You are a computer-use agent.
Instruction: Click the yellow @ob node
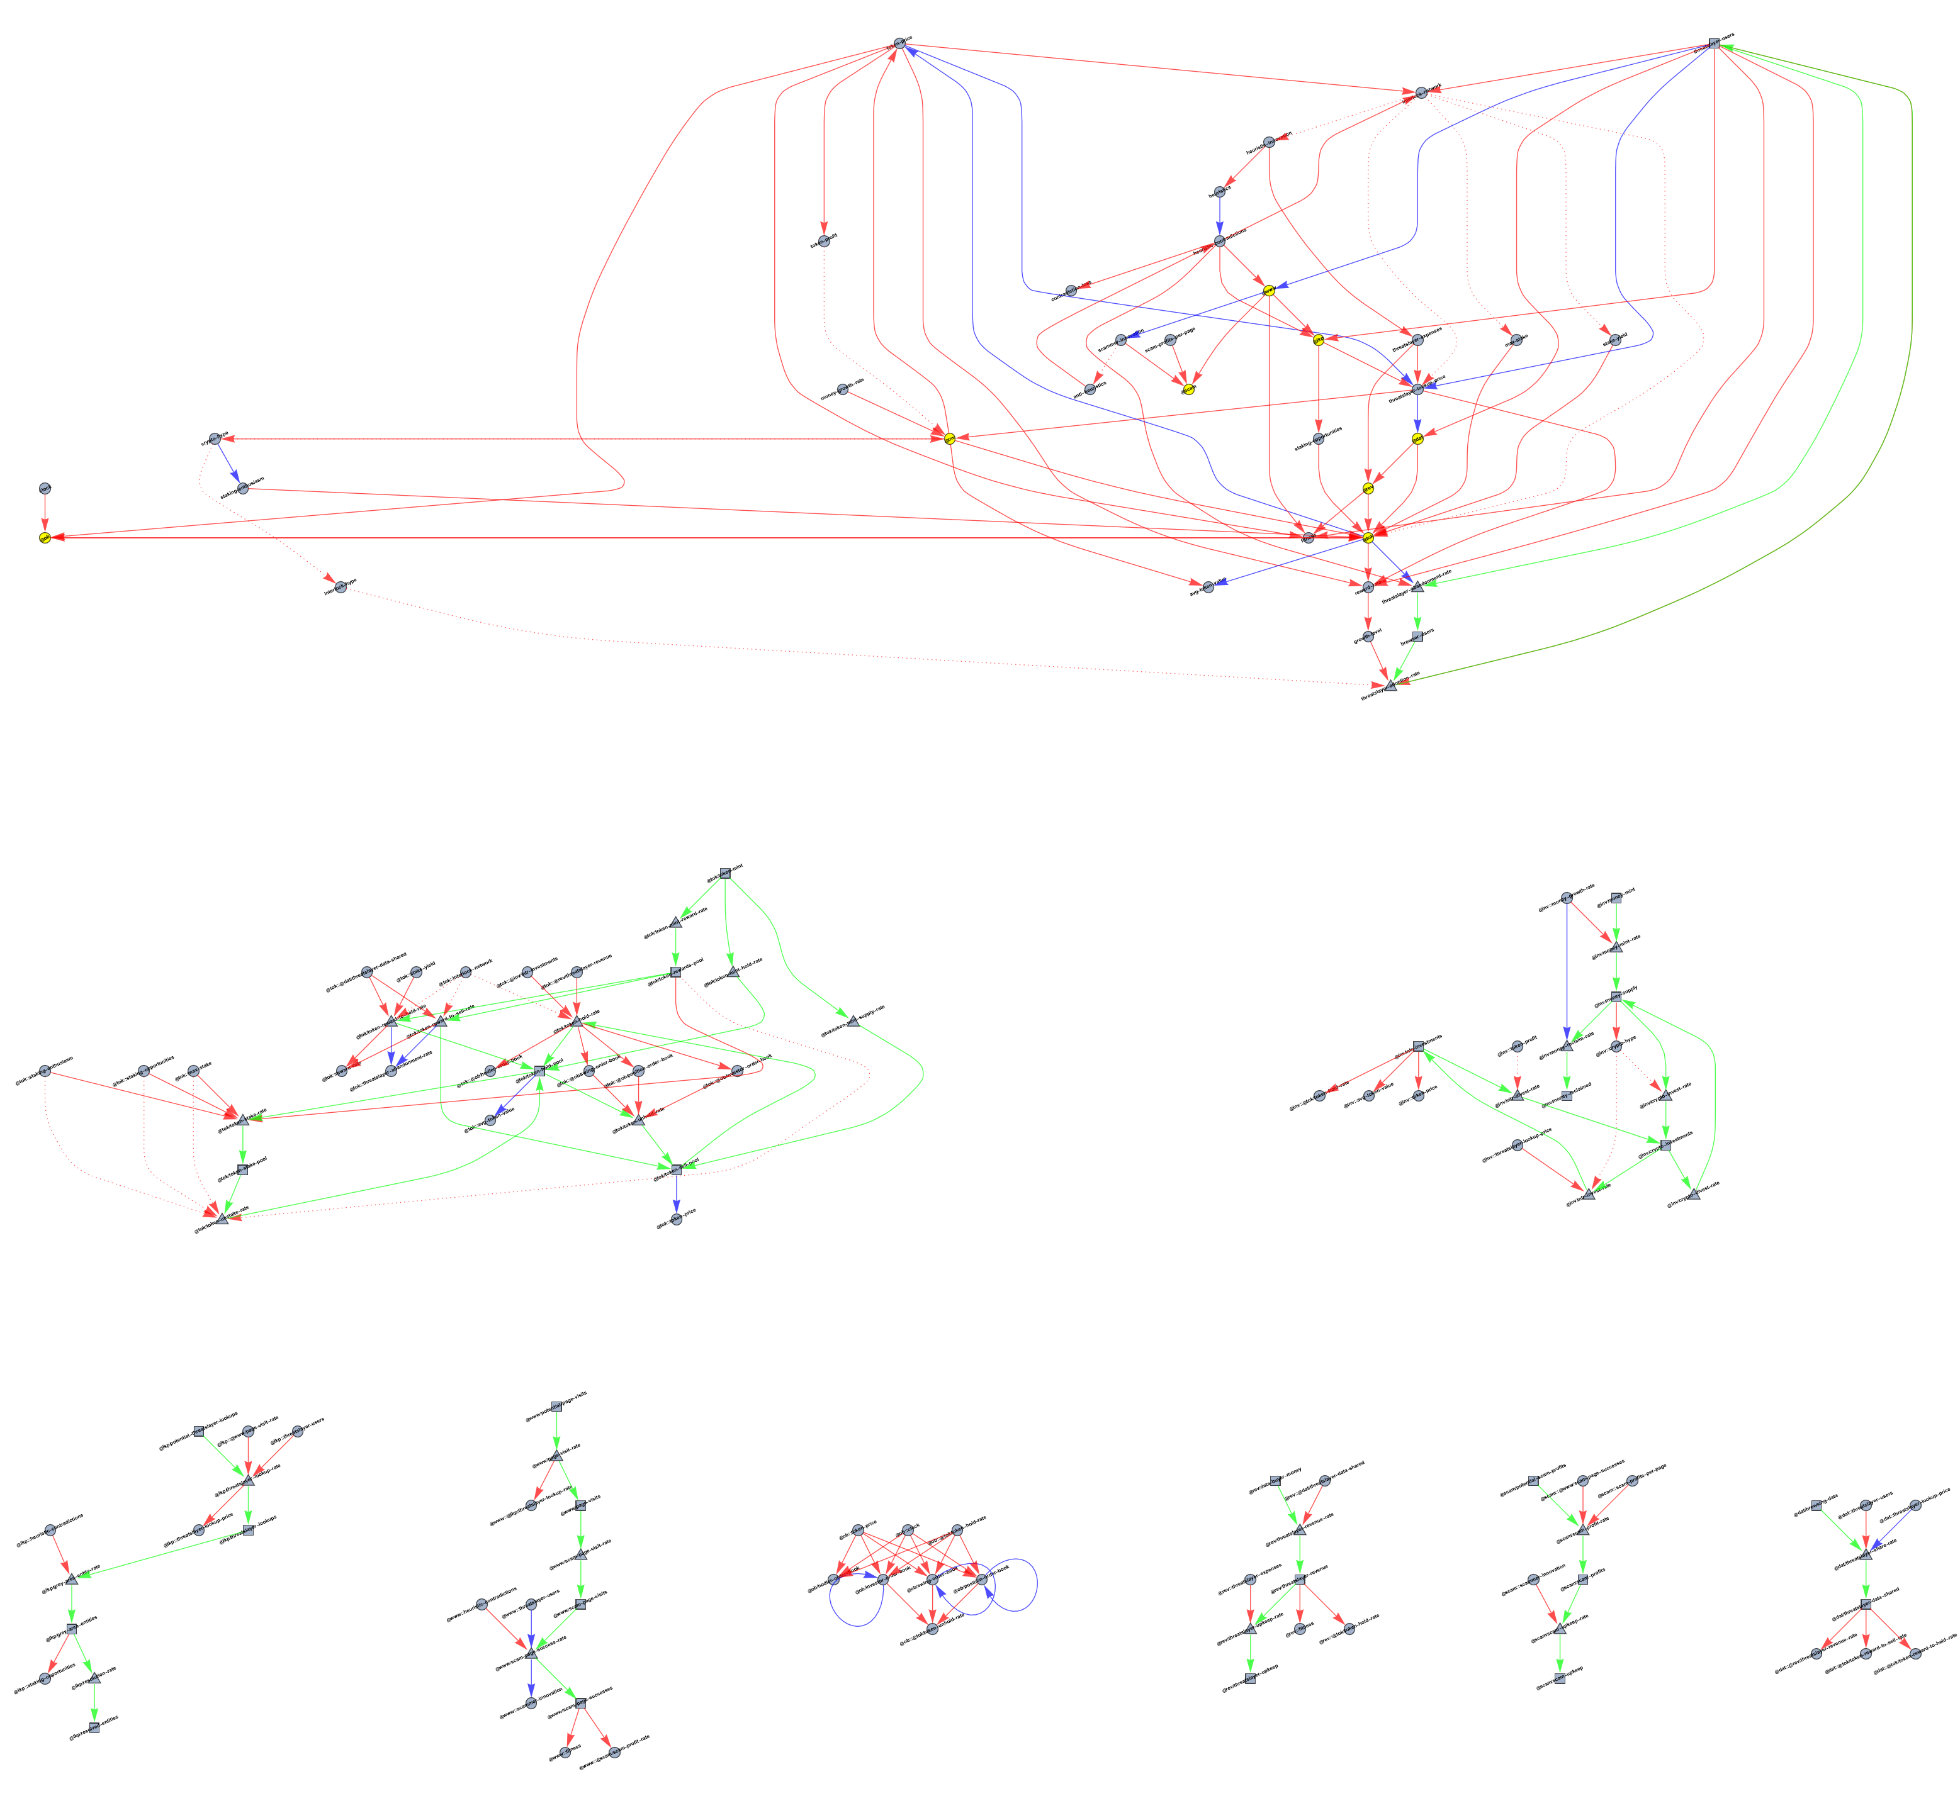[45, 537]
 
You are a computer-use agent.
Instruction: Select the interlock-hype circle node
[341, 587]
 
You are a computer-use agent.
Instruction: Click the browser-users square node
[1417, 637]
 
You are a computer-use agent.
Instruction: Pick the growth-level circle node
[1369, 637]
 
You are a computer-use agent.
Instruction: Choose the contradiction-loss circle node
[1071, 291]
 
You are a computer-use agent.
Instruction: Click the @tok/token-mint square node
[724, 873]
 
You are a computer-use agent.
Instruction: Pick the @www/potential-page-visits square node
[556, 1406]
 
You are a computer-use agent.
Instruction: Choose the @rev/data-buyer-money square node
[1276, 1480]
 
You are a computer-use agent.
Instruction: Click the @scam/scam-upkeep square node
[1560, 1680]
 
